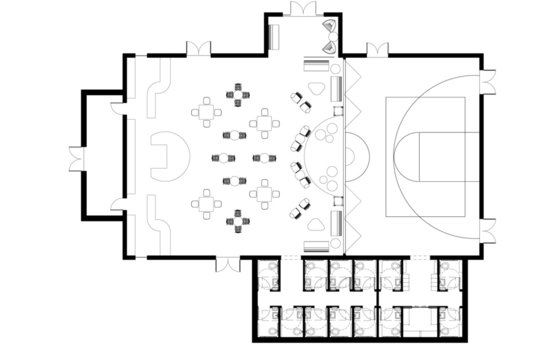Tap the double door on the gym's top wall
click(x=377, y=50)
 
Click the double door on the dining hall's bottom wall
click(x=231, y=263)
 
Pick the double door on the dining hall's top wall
click(x=197, y=47)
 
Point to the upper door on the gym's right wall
click(x=489, y=77)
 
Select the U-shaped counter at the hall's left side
click(x=164, y=157)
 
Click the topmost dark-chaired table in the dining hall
click(x=240, y=96)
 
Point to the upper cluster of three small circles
click(x=325, y=131)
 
